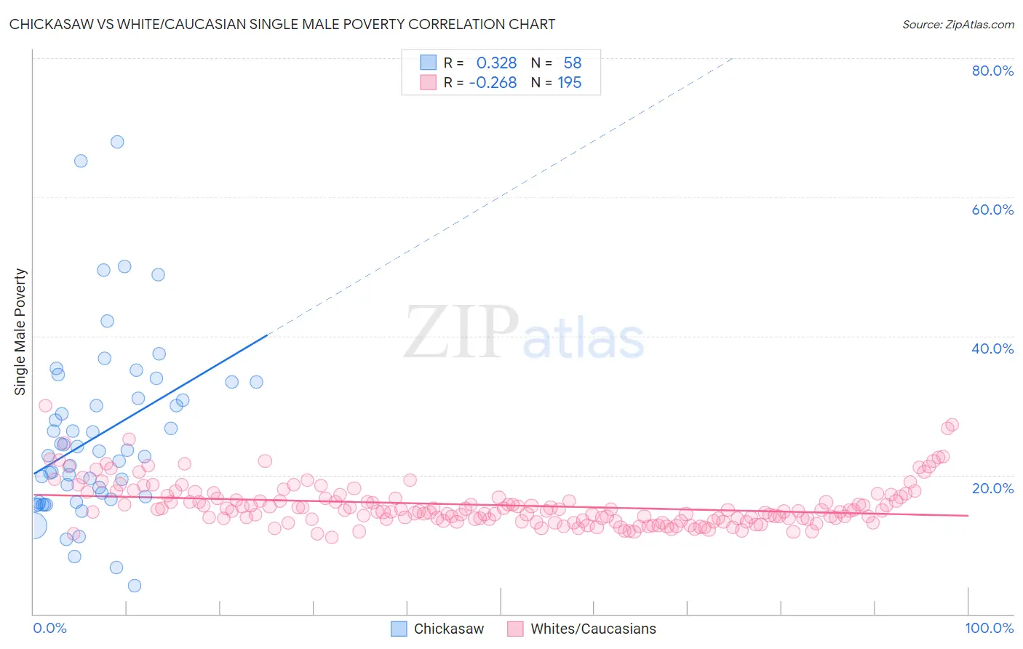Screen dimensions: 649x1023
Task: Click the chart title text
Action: click(x=282, y=24)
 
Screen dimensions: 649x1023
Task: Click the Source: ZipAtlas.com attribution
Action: click(x=958, y=24)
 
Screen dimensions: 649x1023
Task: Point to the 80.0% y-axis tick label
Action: click(x=992, y=71)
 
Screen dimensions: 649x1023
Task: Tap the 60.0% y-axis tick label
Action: click(x=992, y=210)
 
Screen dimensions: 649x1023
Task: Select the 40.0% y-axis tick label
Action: click(x=992, y=349)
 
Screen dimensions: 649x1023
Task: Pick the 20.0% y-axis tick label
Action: click(x=992, y=487)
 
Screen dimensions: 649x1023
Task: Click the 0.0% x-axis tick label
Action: click(x=49, y=628)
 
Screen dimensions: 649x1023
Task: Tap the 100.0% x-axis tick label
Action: click(x=990, y=628)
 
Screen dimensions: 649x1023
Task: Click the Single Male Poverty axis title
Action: click(x=20, y=332)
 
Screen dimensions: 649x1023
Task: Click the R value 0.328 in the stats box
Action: click(x=496, y=63)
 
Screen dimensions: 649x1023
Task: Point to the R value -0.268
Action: click(x=493, y=83)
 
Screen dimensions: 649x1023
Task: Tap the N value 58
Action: click(x=573, y=63)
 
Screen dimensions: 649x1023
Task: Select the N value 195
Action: click(x=570, y=83)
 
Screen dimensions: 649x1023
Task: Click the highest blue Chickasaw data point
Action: click(x=117, y=142)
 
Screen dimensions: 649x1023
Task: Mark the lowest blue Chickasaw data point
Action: click(x=135, y=586)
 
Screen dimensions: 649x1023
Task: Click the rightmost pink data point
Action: click(x=952, y=425)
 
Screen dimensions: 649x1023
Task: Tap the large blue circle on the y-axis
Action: click(x=33, y=525)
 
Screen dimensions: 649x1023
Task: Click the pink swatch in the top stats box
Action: click(x=429, y=82)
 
